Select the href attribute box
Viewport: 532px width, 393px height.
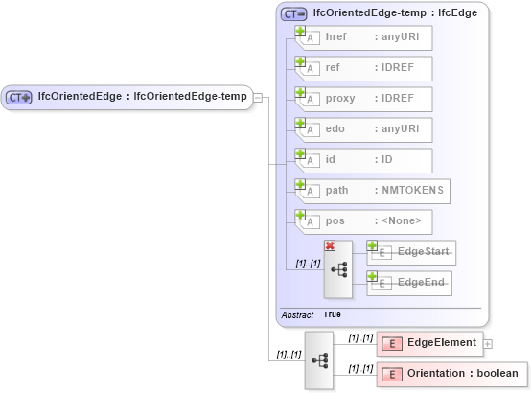[x=364, y=37]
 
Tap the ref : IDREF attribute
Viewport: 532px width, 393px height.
[x=364, y=68]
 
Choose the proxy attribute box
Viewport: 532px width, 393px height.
[x=364, y=99]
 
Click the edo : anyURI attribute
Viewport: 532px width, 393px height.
[x=364, y=129]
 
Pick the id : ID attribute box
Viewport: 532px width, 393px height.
[x=364, y=160]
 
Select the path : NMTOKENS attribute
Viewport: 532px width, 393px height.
[x=373, y=191]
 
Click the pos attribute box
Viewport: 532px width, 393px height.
[x=364, y=221]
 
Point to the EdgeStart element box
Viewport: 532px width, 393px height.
[x=411, y=252]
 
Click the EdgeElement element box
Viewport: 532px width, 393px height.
[x=430, y=343]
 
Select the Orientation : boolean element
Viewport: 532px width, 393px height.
[x=451, y=374]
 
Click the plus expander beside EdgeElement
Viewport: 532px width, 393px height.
[x=488, y=343]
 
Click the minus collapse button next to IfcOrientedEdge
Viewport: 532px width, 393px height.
[x=258, y=96]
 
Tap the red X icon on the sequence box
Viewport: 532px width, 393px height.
[x=330, y=246]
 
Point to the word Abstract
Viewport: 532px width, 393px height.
[x=297, y=314]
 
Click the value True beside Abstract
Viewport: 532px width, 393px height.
[x=332, y=314]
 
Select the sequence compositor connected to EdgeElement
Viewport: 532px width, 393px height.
[x=319, y=359]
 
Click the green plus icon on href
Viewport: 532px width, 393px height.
[x=300, y=32]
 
